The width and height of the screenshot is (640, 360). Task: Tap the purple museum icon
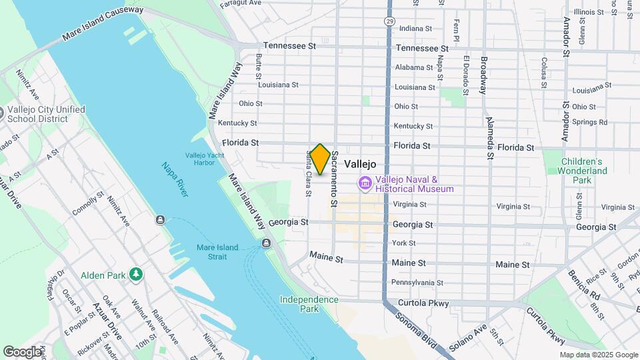(365, 183)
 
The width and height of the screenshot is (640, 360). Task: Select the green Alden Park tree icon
(136, 274)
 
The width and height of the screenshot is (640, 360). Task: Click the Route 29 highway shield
(389, 22)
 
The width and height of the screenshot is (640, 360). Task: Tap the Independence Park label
(309, 304)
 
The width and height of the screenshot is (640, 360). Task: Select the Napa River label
(174, 179)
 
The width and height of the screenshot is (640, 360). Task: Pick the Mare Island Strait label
(217, 252)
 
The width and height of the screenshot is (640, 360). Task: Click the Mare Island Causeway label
(103, 23)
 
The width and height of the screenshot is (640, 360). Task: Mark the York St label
(404, 243)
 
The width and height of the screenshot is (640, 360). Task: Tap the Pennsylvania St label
(417, 283)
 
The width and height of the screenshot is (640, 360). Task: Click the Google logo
(21, 351)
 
